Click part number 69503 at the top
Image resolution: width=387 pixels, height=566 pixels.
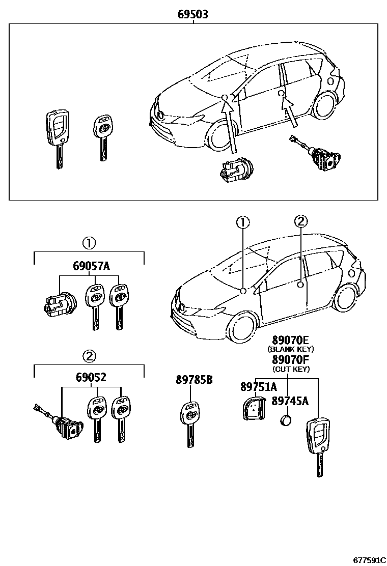click(x=193, y=15)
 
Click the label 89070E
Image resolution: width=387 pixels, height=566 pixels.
click(x=291, y=340)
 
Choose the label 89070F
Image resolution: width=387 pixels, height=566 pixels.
click(x=291, y=360)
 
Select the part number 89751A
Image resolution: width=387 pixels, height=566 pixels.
click(x=258, y=387)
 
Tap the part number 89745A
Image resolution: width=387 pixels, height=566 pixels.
click(x=290, y=401)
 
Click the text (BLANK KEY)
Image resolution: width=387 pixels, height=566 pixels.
click(x=291, y=349)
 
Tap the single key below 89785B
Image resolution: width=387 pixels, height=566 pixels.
click(x=190, y=423)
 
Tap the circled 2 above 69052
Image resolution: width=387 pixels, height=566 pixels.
click(x=89, y=355)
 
